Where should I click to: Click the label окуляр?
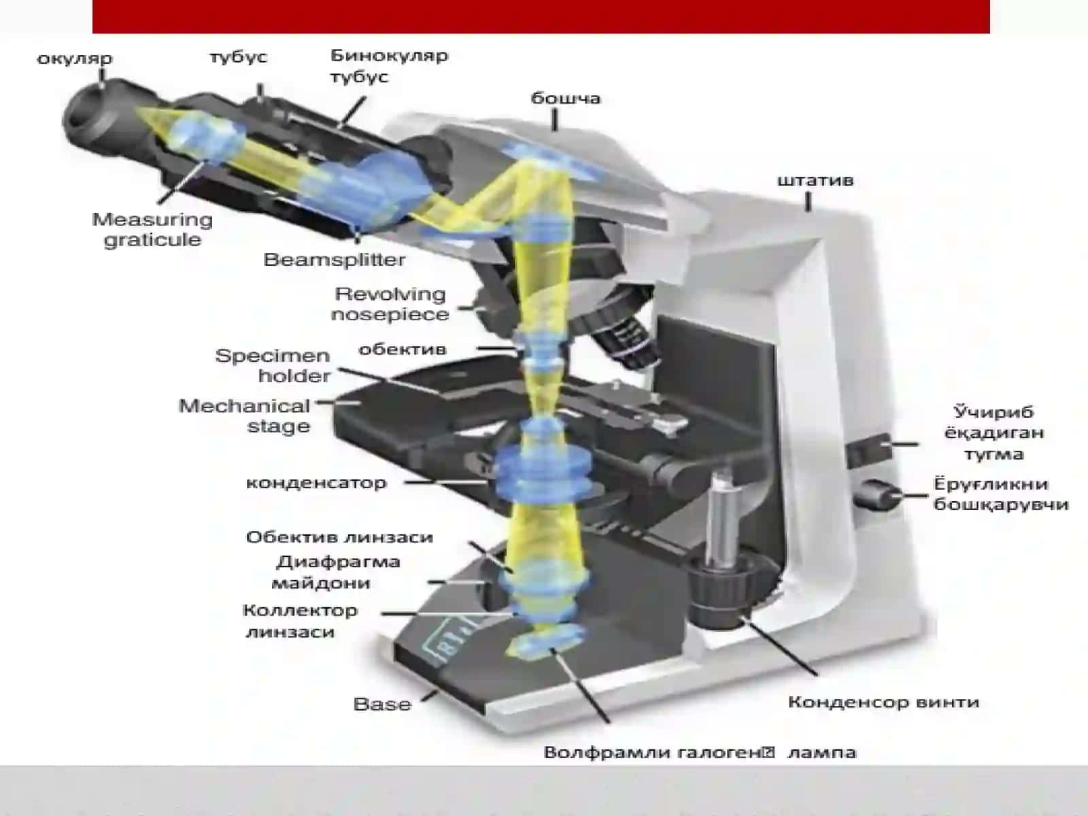[x=75, y=59]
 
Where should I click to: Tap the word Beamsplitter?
[x=334, y=260]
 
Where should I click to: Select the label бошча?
[x=566, y=98]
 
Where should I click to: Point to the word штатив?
[x=815, y=180]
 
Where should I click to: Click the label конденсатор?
[x=316, y=483]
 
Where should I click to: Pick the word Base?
[x=382, y=704]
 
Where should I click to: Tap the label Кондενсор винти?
[x=884, y=702]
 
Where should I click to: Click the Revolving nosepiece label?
[x=390, y=304]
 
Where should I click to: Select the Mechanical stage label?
[x=244, y=416]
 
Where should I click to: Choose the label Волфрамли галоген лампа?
[x=700, y=753]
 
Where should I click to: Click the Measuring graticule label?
[x=152, y=230]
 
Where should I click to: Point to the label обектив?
[x=403, y=350]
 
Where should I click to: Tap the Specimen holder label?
[x=273, y=366]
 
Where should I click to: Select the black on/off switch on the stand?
[x=868, y=449]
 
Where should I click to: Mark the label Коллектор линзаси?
[x=300, y=621]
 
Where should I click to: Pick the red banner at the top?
[x=541, y=16]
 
